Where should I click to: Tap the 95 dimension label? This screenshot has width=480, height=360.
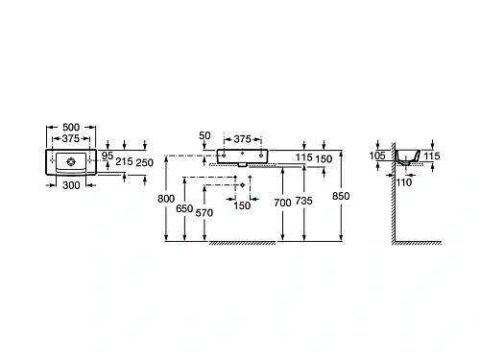click(108, 156)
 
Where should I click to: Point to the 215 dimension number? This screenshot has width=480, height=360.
click(123, 163)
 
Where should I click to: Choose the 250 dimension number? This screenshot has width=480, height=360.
click(145, 163)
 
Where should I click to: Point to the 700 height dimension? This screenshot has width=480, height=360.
click(281, 203)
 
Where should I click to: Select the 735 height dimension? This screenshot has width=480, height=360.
click(305, 203)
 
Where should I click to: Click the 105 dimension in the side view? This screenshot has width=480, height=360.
click(376, 154)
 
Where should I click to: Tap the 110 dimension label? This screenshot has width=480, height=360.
click(404, 182)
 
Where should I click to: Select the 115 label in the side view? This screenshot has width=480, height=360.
click(431, 156)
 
